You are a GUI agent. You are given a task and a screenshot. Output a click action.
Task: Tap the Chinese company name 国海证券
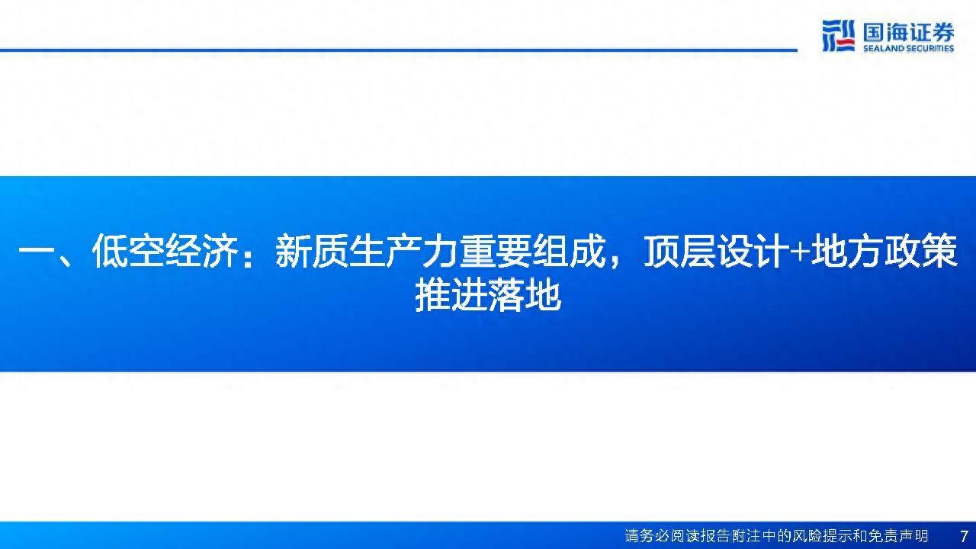pyautogui.click(x=908, y=32)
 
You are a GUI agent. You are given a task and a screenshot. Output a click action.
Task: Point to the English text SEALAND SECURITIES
pyautogui.click(x=908, y=49)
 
